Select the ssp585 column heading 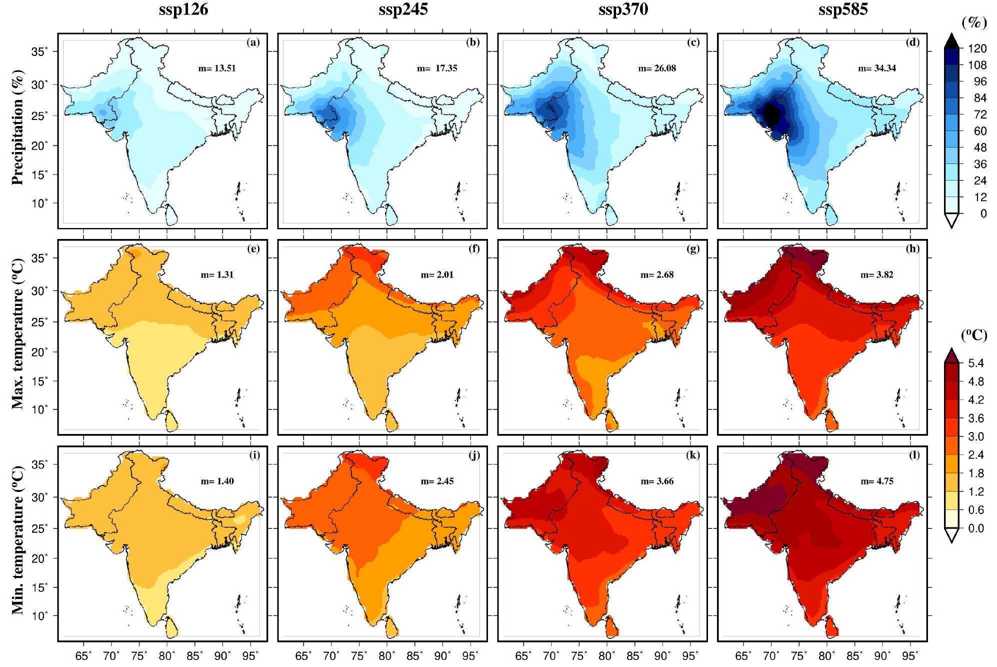tap(835, 9)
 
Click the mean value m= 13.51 tap(215, 68)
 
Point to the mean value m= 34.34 tap(876, 68)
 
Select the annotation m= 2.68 tap(657, 274)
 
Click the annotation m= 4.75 tap(876, 481)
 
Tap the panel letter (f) tap(472, 249)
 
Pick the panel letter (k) tap(692, 455)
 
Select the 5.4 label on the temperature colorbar tap(976, 363)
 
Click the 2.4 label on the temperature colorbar tap(976, 455)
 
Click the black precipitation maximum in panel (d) tap(772, 114)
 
